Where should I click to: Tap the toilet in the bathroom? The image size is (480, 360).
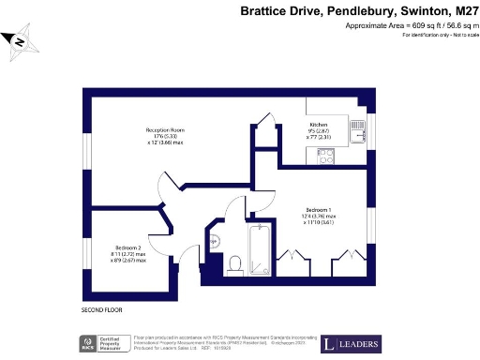point(235,263)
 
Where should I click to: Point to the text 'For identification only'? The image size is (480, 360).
point(421,36)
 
